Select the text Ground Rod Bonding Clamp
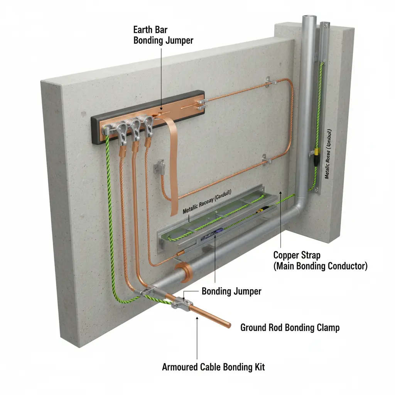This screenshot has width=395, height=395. pos(290,328)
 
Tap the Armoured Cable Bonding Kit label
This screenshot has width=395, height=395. pos(213,367)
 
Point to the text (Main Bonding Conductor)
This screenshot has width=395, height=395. pos(320,266)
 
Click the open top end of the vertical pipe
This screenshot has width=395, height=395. pos(307,17)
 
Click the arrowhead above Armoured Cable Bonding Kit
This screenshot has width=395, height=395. pos(197,318)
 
